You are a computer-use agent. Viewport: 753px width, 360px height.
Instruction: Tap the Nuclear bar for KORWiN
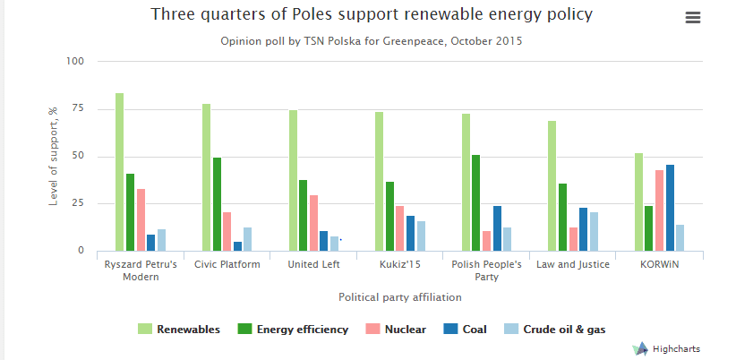click(659, 210)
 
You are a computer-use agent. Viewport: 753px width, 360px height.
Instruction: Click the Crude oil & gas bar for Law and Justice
click(594, 231)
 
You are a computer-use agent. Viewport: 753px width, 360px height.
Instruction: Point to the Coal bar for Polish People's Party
click(497, 228)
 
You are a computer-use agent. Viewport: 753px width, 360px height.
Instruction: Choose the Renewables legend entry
click(179, 330)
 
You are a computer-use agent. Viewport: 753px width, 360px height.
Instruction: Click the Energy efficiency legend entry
click(293, 330)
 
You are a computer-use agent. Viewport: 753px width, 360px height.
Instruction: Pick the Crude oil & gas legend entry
click(560, 330)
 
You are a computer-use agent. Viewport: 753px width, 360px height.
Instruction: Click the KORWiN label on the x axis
click(659, 264)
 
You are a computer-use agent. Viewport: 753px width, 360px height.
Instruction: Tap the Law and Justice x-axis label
click(573, 264)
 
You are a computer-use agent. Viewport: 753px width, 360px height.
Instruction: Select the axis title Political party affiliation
click(399, 296)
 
